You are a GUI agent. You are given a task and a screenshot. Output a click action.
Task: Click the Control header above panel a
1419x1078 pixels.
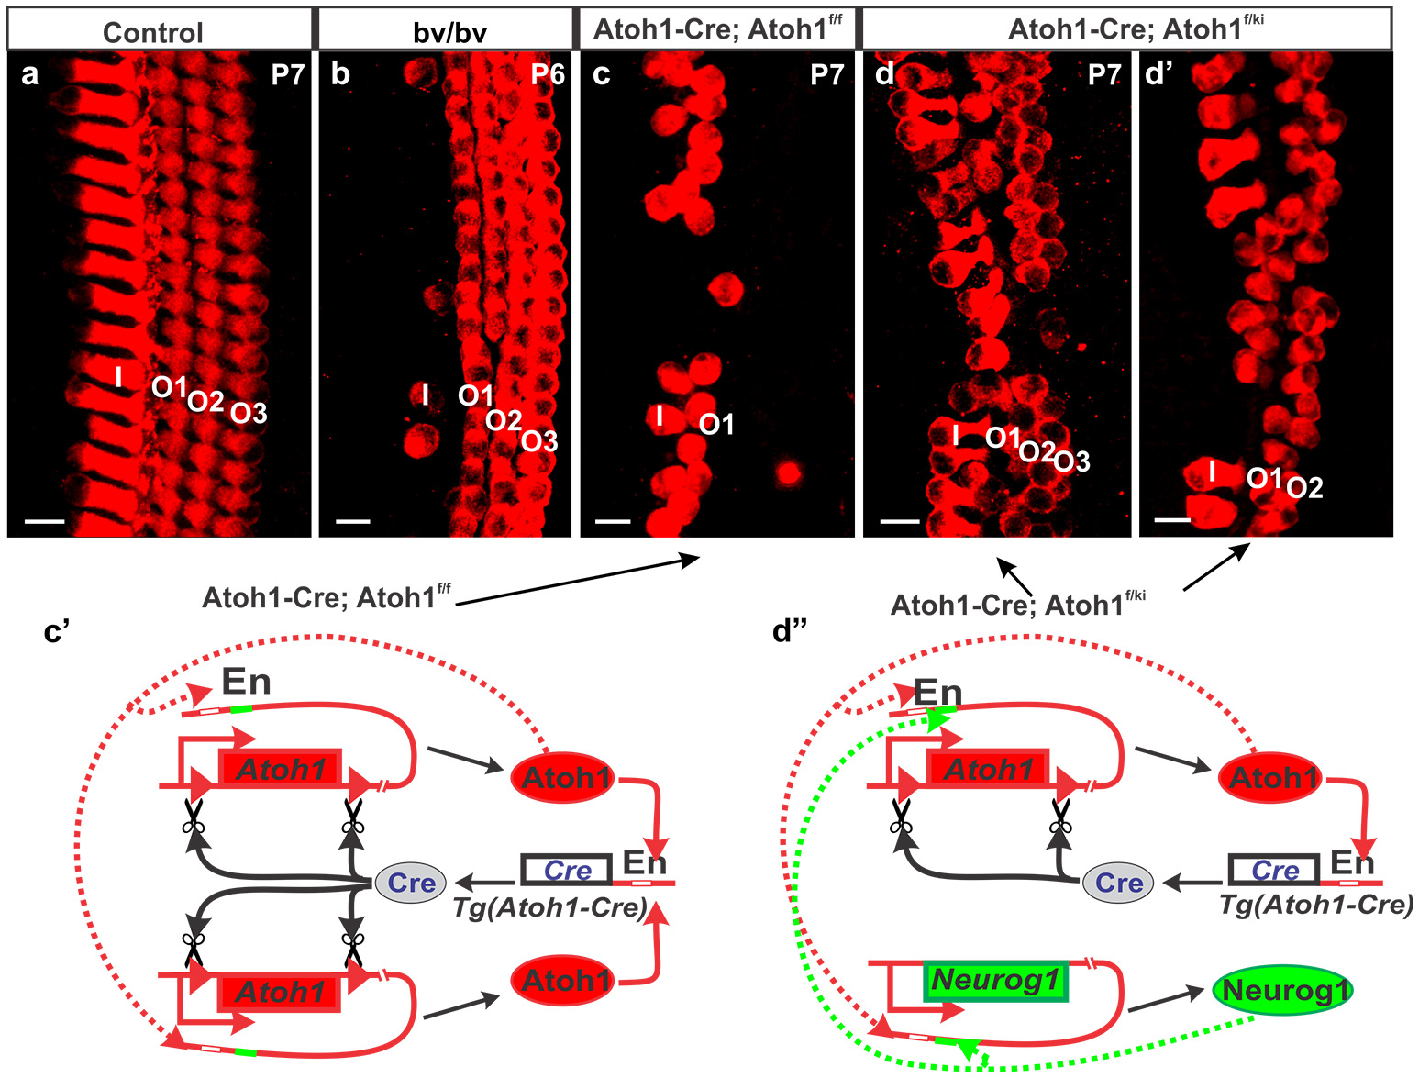152,33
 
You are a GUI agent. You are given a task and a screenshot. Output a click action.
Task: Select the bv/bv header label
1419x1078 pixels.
449,33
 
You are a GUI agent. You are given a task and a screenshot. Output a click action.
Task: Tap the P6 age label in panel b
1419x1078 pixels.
548,74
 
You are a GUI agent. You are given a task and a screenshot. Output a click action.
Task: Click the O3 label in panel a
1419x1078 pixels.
249,414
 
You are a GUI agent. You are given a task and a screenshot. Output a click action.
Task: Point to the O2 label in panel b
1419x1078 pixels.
504,421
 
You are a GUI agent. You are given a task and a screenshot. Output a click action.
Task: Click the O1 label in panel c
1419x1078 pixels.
716,425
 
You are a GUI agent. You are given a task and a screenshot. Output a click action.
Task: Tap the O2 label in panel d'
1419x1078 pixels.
1305,488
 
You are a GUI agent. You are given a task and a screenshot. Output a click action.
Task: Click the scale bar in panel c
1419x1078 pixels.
613,521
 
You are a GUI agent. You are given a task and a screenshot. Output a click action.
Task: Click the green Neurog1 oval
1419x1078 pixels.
1282,991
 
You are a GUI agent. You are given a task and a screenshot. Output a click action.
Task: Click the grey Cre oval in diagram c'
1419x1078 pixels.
411,883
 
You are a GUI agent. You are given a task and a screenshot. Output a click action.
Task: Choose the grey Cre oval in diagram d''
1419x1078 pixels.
1119,883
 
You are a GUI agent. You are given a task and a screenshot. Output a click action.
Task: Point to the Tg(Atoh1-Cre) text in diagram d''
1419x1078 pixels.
1315,906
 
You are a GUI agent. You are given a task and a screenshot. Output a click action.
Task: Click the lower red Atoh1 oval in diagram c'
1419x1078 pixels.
566,981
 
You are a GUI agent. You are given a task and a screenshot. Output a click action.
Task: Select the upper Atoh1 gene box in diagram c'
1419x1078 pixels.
280,769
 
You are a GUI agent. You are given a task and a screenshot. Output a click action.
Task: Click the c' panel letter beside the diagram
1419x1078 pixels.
57,632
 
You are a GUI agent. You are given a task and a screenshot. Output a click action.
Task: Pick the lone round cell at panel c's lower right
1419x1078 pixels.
786,473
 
